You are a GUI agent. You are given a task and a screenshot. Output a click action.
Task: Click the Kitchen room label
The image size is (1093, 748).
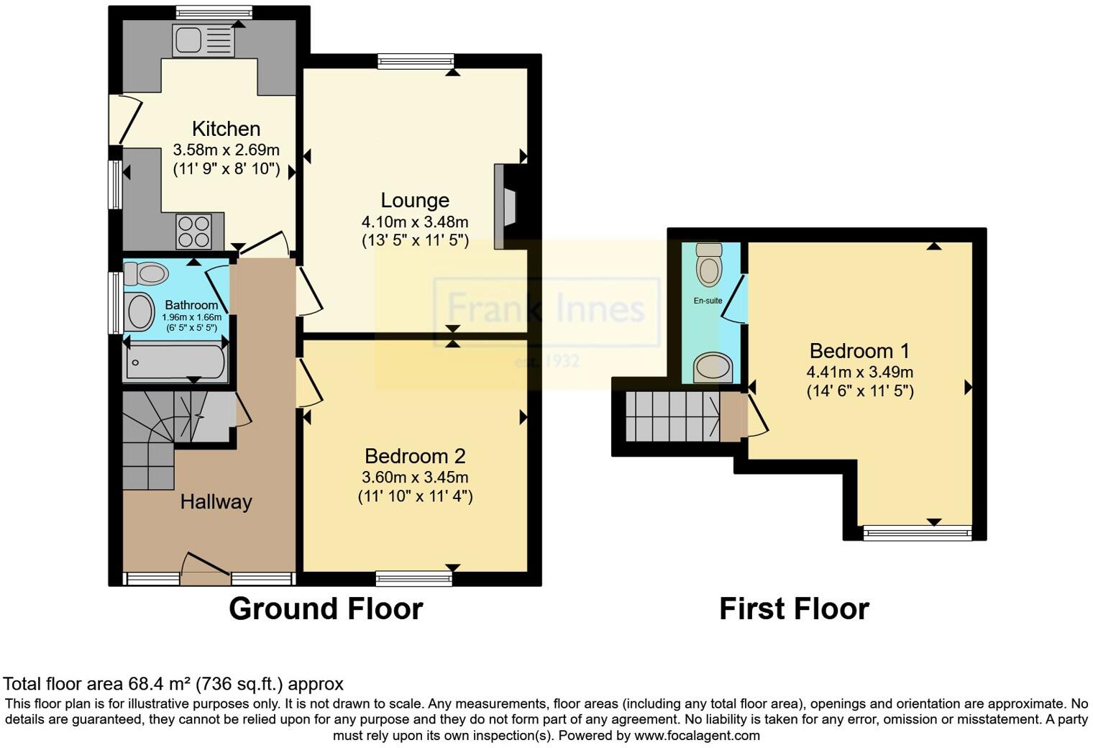pyautogui.click(x=226, y=129)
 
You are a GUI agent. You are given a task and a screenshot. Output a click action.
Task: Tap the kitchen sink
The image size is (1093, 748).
pyautogui.click(x=203, y=39)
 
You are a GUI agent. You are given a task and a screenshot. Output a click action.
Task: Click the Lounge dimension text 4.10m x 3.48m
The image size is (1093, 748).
pyautogui.click(x=415, y=222)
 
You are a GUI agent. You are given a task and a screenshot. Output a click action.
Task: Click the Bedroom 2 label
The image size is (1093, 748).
pyautogui.click(x=415, y=456)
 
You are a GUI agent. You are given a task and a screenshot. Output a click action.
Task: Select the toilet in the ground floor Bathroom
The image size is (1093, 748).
pyautogui.click(x=147, y=274)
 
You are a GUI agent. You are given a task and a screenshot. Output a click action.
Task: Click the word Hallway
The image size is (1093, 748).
pyautogui.click(x=216, y=501)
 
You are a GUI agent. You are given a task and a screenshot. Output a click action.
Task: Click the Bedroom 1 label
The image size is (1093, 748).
pyautogui.click(x=859, y=351)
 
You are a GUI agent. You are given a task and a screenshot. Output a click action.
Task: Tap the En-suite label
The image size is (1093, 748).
pyautogui.click(x=708, y=301)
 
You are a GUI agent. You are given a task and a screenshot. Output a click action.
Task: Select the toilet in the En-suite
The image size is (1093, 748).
pyautogui.click(x=709, y=265)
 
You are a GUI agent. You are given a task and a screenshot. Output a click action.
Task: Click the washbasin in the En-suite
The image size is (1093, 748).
pyautogui.click(x=713, y=368)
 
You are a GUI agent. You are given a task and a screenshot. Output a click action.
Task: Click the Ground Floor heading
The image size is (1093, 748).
pyautogui.click(x=326, y=609)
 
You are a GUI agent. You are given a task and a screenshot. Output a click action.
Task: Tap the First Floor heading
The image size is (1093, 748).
pyautogui.click(x=794, y=609)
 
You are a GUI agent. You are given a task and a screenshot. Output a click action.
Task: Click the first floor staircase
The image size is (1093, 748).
pyautogui.click(x=672, y=416)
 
